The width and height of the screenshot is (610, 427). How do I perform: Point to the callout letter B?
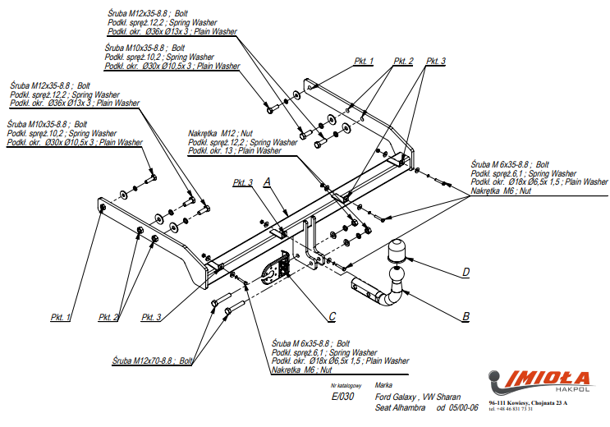coord(465,316)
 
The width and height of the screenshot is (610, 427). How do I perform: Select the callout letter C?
coord(332,316)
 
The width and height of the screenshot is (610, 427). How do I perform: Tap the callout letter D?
coord(465,272)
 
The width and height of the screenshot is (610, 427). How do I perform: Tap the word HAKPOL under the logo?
coord(572,392)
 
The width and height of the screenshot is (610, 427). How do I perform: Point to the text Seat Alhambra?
coord(399,408)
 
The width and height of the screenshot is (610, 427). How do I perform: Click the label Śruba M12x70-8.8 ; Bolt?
coord(153,360)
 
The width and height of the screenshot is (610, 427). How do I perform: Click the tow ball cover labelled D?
coord(398,250)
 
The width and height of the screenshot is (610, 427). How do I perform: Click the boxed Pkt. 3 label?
coord(244,182)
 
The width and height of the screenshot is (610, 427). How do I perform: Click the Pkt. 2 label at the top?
coord(403,62)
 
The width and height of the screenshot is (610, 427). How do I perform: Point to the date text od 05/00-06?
coord(456,408)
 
